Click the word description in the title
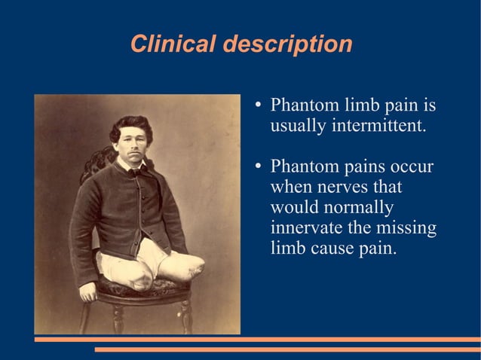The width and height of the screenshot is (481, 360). click(286, 44)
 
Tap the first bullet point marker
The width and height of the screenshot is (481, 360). click(258, 104)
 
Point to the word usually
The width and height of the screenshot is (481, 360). click(298, 125)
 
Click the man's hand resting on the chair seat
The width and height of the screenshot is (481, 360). click(89, 291)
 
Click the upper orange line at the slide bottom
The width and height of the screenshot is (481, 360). click(257, 340)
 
